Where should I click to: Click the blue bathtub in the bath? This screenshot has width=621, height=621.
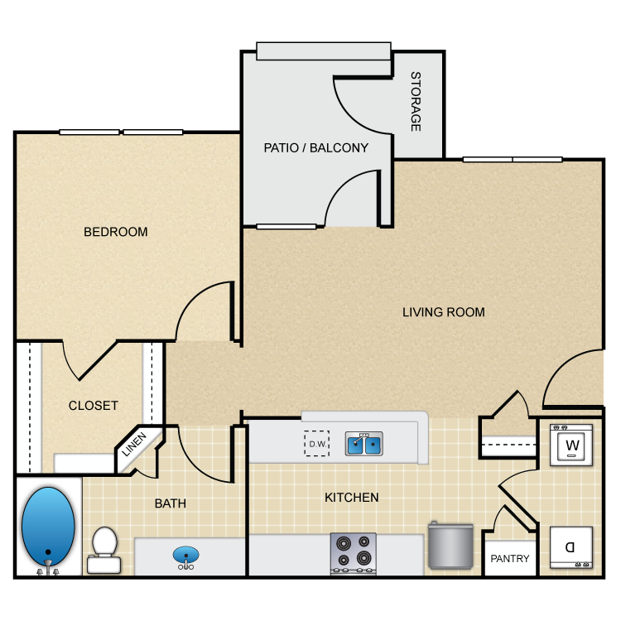48,527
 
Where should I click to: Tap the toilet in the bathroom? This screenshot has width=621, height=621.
104,550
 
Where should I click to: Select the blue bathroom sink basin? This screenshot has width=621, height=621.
185,555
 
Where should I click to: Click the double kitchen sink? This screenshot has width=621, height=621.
364,444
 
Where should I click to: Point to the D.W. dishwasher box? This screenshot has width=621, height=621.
317,444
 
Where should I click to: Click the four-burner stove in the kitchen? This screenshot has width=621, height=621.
354,553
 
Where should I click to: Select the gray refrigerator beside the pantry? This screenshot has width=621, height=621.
450,546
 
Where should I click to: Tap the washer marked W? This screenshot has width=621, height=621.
571,445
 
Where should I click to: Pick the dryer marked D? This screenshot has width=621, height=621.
571,547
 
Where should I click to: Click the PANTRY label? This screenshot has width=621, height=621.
510,558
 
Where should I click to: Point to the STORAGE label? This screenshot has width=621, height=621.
416,101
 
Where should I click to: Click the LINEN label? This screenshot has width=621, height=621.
134,444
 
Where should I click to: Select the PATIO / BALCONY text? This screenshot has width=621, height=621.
316,147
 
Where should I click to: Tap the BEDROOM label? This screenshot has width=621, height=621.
116,232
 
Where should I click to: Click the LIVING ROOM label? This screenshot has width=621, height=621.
444,312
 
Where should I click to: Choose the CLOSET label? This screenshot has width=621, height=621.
94,406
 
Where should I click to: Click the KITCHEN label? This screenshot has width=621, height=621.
352,498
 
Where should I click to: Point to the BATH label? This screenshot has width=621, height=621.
171,503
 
